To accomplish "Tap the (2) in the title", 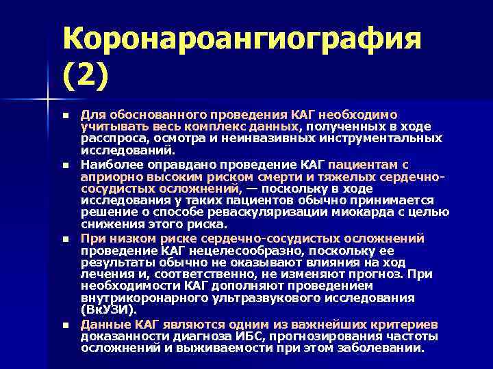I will point(86,74).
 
